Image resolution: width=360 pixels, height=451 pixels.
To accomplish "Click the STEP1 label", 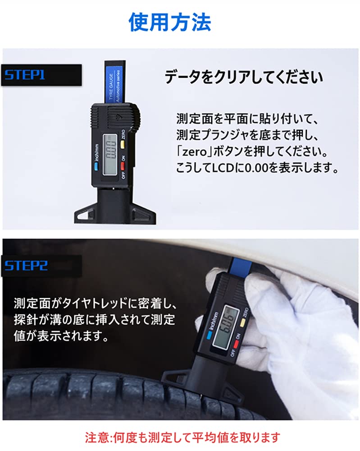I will [25, 74].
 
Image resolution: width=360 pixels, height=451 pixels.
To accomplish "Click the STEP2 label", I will [26, 265].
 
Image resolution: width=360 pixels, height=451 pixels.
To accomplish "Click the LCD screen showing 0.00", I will [109, 149].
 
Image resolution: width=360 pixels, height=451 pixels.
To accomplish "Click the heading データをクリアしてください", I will [243, 77].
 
